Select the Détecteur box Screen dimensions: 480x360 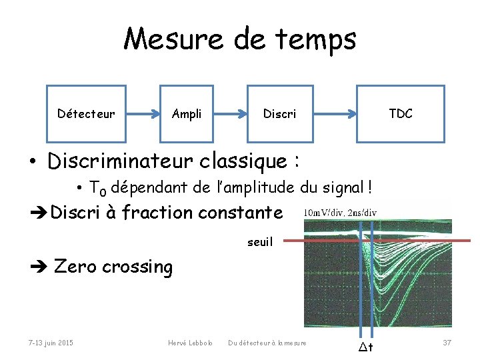[x=86, y=114]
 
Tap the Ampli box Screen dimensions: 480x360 [x=187, y=114]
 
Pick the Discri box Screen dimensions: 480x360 [x=280, y=114]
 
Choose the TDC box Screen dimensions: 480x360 [x=401, y=114]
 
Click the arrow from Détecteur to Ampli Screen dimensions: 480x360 [x=142, y=113]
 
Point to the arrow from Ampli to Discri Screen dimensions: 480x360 [x=230, y=113]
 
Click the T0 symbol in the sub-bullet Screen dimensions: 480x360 [x=97, y=189]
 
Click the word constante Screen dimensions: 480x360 [x=240, y=213]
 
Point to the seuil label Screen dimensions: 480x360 [x=259, y=242]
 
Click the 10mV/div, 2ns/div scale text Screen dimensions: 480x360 [x=340, y=213]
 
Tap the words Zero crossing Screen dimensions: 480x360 [x=113, y=267]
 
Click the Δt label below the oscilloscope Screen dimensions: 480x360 [x=366, y=347]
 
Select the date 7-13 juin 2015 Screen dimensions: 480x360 [x=51, y=343]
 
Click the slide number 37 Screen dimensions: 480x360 [x=447, y=343]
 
